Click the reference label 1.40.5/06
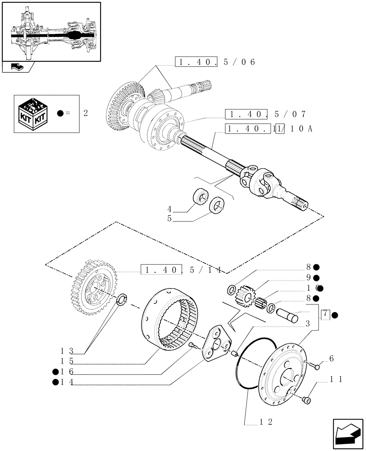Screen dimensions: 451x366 [x=215, y=62]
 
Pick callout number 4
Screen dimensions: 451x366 [x=169, y=209]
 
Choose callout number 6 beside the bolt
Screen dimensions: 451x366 [x=331, y=359]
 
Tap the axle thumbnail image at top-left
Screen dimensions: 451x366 [x=51, y=32]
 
